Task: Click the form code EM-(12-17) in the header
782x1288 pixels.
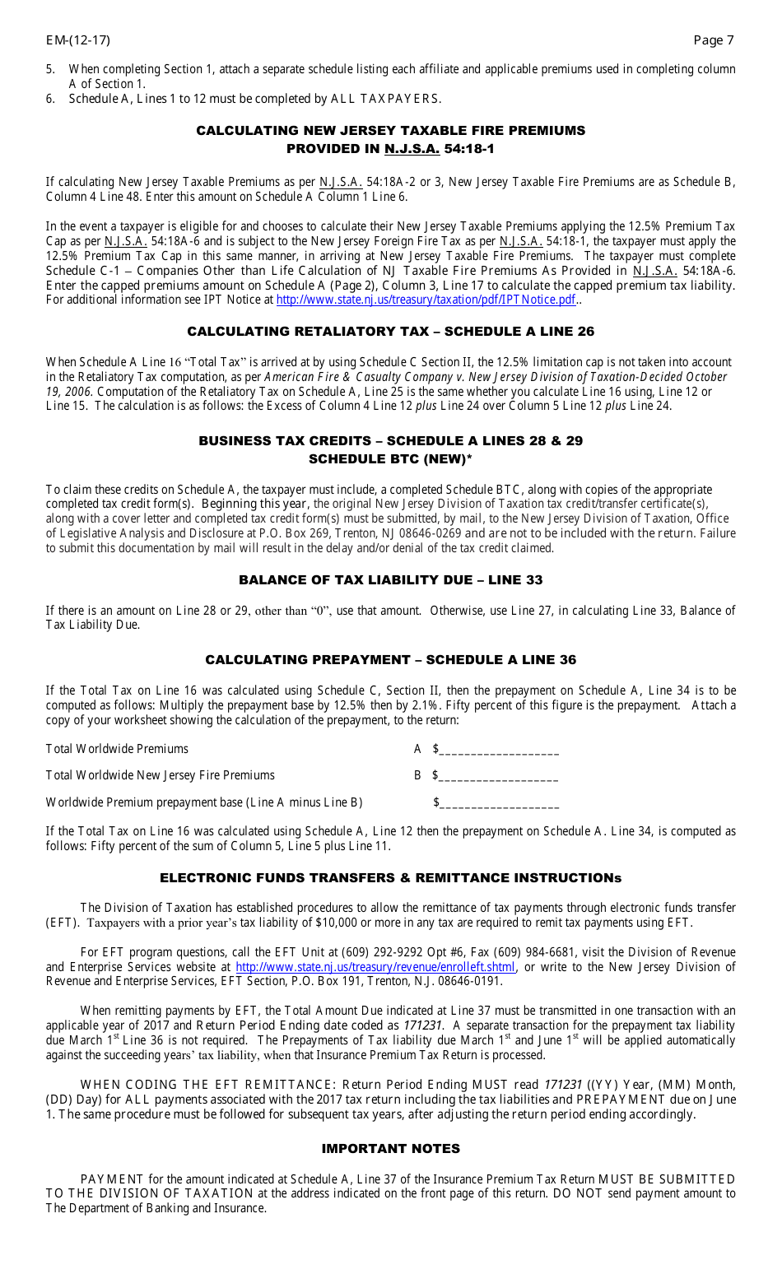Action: coord(77,40)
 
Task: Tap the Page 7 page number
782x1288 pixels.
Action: coord(713,40)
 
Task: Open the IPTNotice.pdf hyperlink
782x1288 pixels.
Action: coord(426,300)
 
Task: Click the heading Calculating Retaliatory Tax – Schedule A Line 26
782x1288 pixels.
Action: coord(390,332)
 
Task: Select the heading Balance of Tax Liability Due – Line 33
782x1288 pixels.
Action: coord(390,580)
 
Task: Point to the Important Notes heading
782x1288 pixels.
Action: coord(390,1149)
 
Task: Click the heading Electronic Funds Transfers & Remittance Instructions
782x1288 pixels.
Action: coord(390,878)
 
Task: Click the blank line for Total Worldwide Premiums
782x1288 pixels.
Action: coord(499,751)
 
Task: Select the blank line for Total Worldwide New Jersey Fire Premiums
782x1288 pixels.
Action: coord(499,777)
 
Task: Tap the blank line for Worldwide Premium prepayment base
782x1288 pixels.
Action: coord(499,804)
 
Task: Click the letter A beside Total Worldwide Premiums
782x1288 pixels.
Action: coord(417,749)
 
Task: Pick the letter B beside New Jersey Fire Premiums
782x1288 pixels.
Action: coord(417,775)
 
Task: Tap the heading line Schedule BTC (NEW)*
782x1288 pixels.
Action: coord(390,459)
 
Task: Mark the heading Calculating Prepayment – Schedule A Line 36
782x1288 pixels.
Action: coord(390,660)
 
